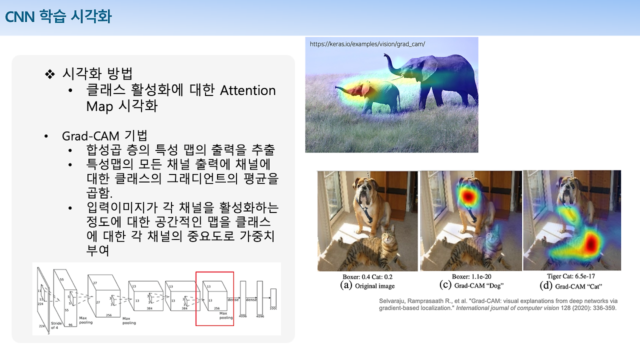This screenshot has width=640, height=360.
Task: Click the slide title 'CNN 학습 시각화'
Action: click(58, 16)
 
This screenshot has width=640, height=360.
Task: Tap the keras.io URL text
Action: click(367, 44)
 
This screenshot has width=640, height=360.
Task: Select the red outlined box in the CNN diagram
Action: click(214, 298)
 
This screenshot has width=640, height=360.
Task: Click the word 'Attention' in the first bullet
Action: click(248, 90)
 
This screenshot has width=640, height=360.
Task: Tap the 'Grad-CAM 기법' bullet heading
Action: click(104, 136)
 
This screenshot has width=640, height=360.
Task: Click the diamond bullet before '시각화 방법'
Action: click(49, 74)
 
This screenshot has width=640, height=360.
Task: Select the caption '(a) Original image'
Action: click(367, 286)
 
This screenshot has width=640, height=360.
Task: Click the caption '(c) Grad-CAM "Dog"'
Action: click(471, 286)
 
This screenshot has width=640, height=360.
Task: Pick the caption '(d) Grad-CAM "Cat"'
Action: click(571, 286)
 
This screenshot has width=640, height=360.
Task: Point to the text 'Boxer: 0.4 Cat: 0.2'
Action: click(367, 276)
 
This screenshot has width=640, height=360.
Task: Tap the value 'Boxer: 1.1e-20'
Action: click(470, 276)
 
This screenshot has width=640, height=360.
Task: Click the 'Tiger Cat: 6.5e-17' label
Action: click(571, 276)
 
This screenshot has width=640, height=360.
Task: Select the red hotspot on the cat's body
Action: click(591, 243)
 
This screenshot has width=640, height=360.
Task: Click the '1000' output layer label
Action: click(273, 308)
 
